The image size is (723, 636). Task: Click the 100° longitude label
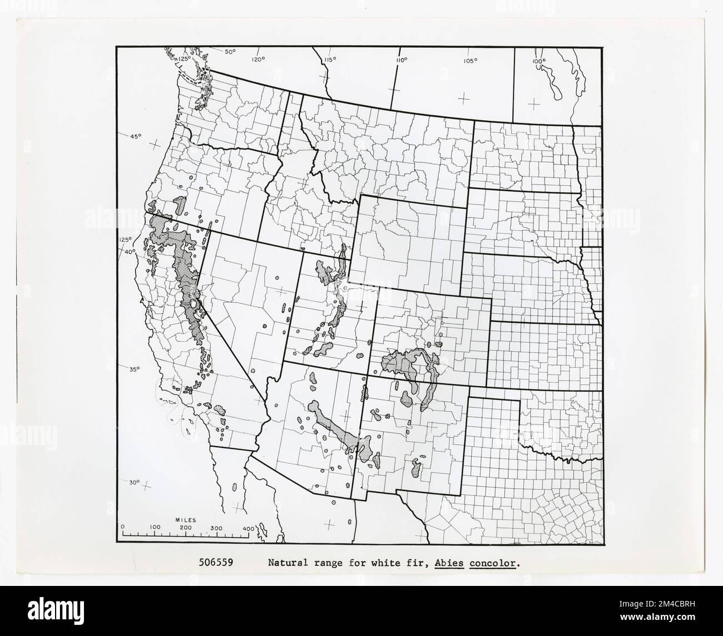click(538, 61)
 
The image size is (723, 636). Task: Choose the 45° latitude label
click(136, 136)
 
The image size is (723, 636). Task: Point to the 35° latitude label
click(135, 369)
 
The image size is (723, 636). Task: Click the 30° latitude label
click(135, 482)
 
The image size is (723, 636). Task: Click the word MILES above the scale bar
click(185, 520)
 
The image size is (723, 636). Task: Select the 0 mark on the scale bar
click(123, 527)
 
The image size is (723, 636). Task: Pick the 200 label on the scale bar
click(185, 527)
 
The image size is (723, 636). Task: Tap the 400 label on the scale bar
click(248, 527)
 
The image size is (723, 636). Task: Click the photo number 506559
click(216, 563)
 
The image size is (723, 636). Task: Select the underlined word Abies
click(450, 563)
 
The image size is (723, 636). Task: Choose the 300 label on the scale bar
click(216, 527)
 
